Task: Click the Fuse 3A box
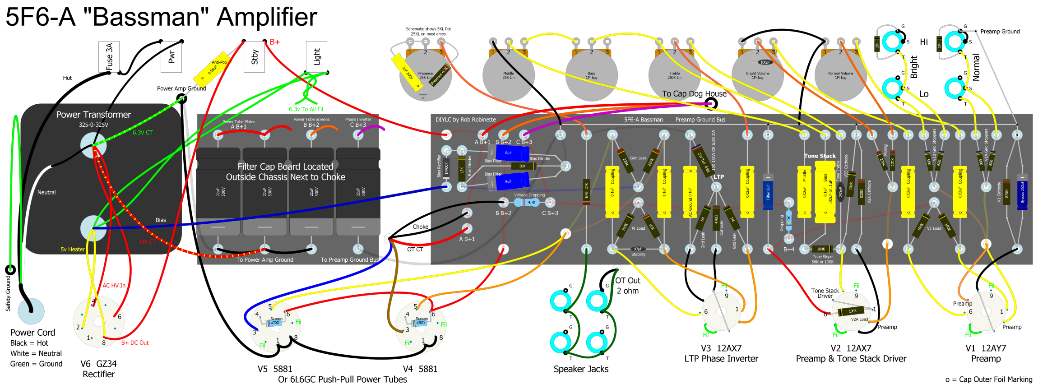[x=109, y=57]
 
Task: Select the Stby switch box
[x=254, y=57]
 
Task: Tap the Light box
[x=316, y=56]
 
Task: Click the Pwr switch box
[x=171, y=57]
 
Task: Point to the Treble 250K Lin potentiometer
[x=674, y=75]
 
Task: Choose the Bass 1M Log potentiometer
[x=591, y=75]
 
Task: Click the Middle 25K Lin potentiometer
[x=508, y=75]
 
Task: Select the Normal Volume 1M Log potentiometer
[x=840, y=75]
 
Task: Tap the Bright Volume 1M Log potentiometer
[x=757, y=75]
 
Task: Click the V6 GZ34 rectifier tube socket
[x=98, y=322]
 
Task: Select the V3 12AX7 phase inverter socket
[x=721, y=311]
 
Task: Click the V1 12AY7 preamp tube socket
[x=986, y=311]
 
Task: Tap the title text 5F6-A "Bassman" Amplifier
[x=161, y=17]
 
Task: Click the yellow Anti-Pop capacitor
[x=211, y=71]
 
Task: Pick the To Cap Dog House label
[x=694, y=94]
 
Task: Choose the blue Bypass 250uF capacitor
[x=1022, y=192]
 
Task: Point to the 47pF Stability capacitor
[x=638, y=249]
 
